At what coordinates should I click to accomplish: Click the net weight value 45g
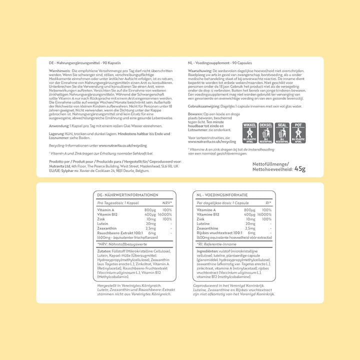[x=300, y=168]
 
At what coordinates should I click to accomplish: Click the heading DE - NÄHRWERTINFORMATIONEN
[x=127, y=195]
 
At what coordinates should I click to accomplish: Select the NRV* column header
[x=167, y=203]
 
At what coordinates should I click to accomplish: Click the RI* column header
[x=268, y=203]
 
